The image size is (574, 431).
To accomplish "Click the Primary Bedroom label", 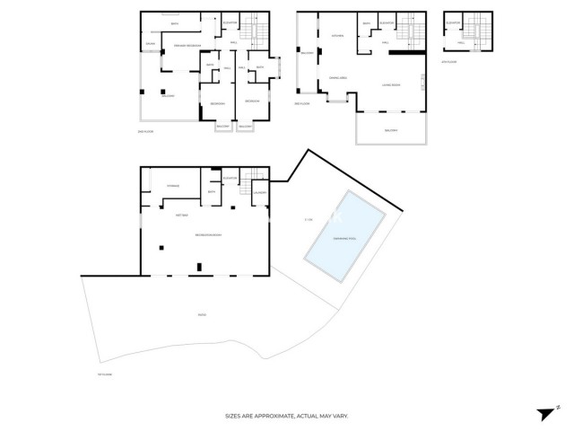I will [x=186, y=43].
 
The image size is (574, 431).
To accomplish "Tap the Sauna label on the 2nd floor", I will [x=151, y=42].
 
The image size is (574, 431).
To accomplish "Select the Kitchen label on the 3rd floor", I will [x=338, y=36].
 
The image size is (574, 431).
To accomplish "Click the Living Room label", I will [x=391, y=84].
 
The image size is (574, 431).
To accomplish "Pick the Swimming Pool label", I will [x=345, y=239].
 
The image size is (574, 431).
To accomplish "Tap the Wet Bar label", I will [x=181, y=215].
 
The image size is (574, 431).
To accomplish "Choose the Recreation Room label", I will [x=209, y=235].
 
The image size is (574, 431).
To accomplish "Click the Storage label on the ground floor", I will [x=172, y=186].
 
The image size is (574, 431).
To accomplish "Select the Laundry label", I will [x=260, y=192].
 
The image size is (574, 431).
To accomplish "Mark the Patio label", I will [x=202, y=314].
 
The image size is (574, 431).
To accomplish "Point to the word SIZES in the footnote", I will [x=234, y=416].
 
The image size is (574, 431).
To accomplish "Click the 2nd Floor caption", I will [x=146, y=132].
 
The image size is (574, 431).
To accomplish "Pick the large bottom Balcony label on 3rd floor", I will [x=391, y=131].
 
